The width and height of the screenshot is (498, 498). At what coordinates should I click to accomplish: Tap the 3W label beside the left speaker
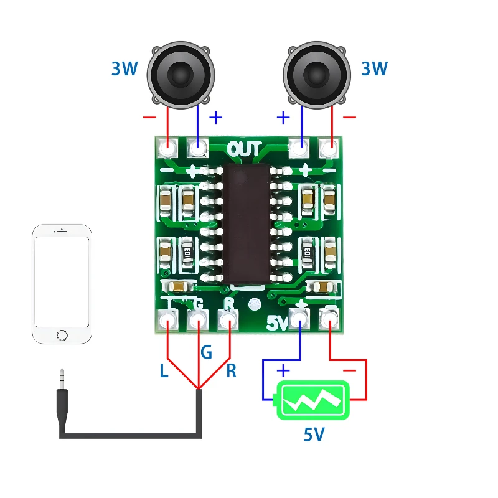coord(125,69)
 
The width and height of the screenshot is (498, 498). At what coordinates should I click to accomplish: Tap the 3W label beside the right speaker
coord(374,69)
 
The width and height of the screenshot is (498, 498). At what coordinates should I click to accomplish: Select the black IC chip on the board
coord(247,224)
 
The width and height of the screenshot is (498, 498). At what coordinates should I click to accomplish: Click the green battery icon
coord(314,400)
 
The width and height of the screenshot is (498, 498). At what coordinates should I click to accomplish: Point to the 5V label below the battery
coord(314,434)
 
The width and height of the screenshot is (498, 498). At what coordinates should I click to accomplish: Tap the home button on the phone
coord(62,335)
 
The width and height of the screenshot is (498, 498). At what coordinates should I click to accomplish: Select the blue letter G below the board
coord(206,353)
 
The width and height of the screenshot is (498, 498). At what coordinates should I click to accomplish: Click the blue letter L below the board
coord(164,372)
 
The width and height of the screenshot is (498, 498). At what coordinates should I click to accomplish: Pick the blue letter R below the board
coord(231,372)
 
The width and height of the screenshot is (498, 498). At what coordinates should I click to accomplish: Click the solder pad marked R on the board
coord(228,321)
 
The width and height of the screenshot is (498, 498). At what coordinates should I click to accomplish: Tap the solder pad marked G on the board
coord(198,321)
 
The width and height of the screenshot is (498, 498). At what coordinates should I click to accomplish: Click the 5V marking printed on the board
coord(277,324)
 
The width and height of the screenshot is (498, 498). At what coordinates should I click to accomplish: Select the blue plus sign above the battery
coord(283,371)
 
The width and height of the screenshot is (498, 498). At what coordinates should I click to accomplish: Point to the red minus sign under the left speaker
coord(150,117)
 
